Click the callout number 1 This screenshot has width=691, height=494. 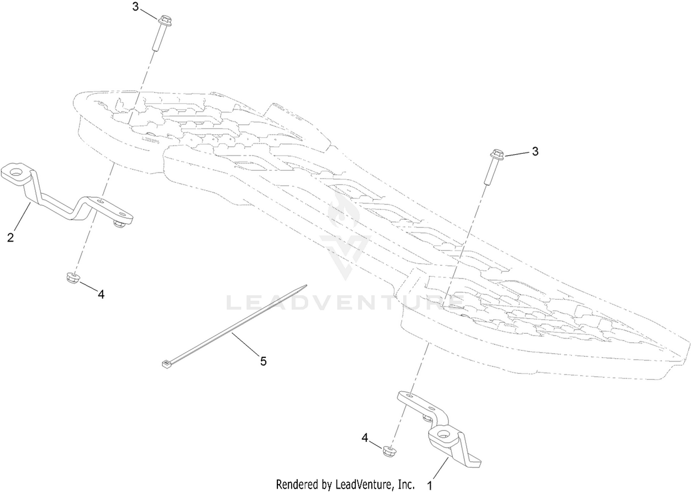tap(430, 486)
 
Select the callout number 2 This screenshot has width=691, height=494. tap(11, 238)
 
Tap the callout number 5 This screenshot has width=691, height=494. tap(263, 361)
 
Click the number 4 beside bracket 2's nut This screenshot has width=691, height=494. tap(101, 295)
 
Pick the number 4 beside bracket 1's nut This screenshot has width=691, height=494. tap(365, 438)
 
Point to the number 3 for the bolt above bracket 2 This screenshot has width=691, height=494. tap(135, 7)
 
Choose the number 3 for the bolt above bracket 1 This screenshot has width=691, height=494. tap(535, 151)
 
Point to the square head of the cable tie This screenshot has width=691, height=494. tap(167, 365)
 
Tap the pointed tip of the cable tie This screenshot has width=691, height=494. tap(306, 285)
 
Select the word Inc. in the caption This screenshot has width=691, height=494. tap(407, 484)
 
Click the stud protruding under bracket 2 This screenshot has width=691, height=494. tap(119, 224)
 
